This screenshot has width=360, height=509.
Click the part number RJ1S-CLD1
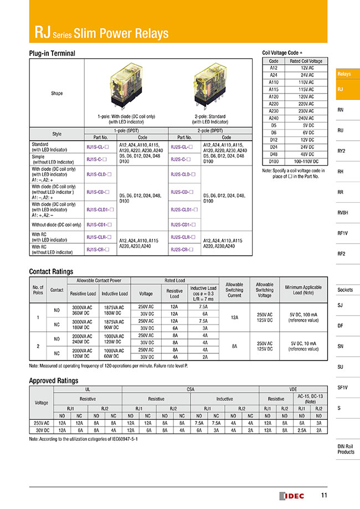point(100,209)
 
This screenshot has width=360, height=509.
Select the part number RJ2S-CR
point(182,250)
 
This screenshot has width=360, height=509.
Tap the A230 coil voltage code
point(273,111)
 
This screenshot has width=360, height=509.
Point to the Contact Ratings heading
point(51,272)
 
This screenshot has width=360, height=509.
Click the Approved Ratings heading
point(53,381)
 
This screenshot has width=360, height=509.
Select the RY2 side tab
point(341,151)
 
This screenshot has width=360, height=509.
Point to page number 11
point(324,495)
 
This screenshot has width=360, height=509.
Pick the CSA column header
point(191,389)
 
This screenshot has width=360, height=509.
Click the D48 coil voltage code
point(273,154)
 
